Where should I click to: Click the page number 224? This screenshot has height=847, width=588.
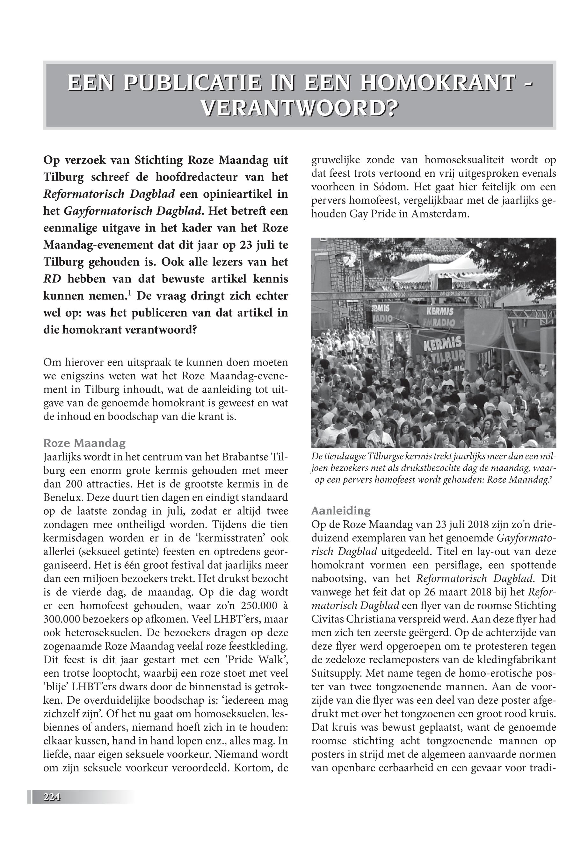click(52, 797)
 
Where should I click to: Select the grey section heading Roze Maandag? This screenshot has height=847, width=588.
click(84, 443)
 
